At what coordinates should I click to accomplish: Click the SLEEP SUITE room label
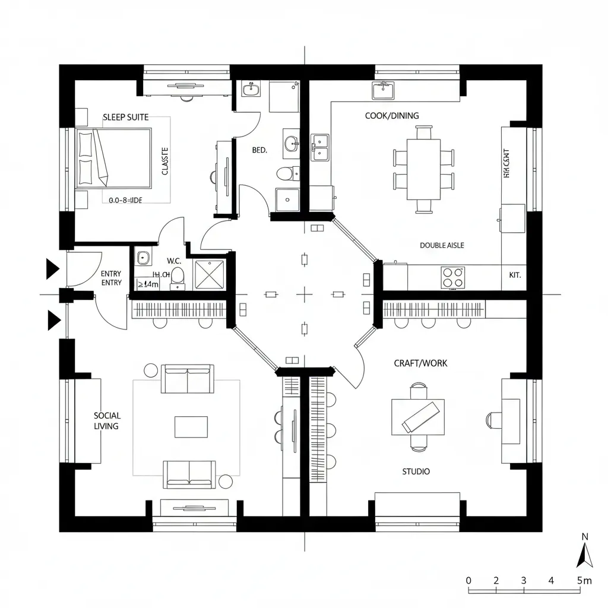(126, 117)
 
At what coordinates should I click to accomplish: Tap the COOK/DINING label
(392, 116)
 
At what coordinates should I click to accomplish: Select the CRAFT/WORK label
(421, 363)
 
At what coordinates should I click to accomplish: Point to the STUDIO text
(416, 471)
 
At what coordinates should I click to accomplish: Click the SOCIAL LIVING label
(107, 421)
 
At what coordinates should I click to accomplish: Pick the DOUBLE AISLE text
(442, 245)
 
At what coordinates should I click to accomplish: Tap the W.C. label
(174, 261)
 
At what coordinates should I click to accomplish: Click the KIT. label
(514, 275)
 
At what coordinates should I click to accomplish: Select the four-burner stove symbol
(453, 277)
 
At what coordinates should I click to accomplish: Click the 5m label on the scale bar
(584, 580)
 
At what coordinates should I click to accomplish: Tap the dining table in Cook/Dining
(423, 169)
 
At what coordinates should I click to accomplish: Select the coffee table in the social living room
(191, 426)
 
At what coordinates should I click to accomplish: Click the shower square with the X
(210, 275)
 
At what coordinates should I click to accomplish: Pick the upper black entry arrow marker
(53, 270)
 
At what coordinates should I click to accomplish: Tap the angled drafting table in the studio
(422, 417)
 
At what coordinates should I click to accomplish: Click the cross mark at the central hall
(305, 293)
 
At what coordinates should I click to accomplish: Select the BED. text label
(259, 151)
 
